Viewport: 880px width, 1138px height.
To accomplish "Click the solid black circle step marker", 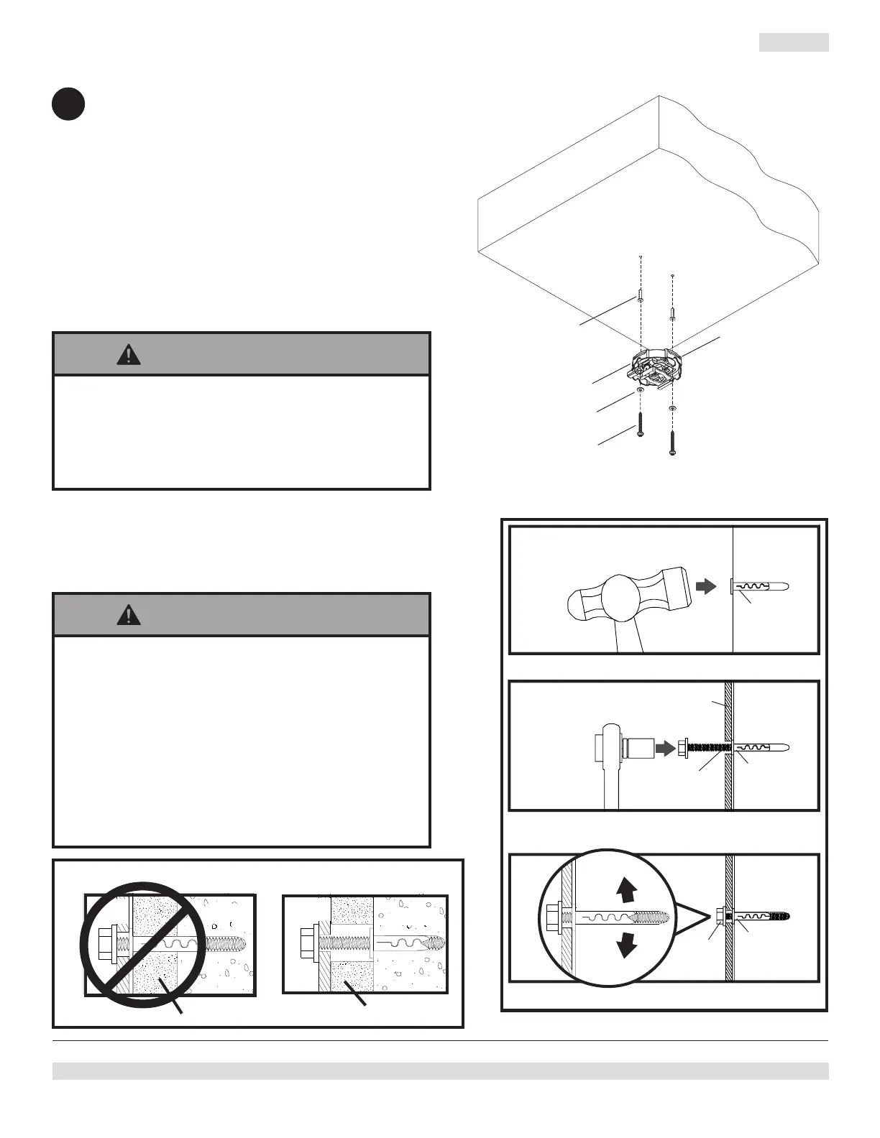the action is click(x=68, y=104).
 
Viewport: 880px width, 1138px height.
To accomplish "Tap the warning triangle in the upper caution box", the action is click(x=129, y=354).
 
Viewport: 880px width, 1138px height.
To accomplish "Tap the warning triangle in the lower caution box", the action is click(x=129, y=615).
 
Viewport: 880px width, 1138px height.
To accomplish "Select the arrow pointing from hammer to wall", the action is click(x=707, y=586).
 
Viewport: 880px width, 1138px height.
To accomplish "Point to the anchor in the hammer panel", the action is click(x=761, y=586).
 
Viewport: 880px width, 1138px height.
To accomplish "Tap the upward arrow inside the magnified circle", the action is click(x=627, y=891).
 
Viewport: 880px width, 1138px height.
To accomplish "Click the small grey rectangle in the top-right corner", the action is click(x=794, y=42).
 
